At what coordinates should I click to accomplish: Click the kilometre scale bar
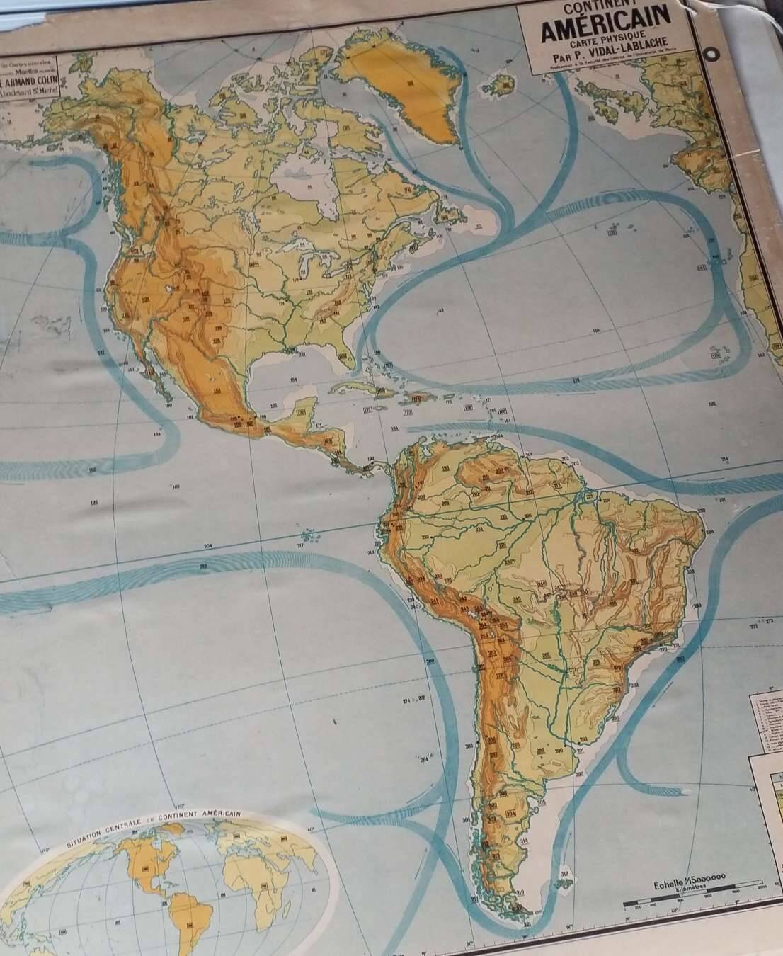pyautogui.click(x=682, y=903)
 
